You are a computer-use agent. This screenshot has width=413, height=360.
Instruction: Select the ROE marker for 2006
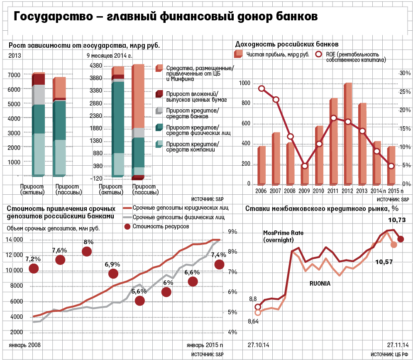(261, 88)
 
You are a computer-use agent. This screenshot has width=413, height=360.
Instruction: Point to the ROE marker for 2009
(305, 166)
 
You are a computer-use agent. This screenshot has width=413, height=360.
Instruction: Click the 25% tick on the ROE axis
(403, 92)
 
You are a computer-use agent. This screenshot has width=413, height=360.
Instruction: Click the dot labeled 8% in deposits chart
(87, 252)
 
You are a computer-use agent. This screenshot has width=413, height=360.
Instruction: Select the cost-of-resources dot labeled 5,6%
(139, 301)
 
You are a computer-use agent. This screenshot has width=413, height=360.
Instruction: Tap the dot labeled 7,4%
(219, 264)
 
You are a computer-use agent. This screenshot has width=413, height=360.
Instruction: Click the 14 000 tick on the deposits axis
(15, 240)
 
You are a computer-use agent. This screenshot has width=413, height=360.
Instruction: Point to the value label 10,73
(397, 220)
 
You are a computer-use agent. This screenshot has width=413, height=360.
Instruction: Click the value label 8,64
(252, 321)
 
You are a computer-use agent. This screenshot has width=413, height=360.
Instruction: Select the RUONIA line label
(320, 284)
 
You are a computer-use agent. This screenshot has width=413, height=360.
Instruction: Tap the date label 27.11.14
(398, 345)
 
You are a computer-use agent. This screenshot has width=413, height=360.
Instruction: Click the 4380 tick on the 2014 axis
(96, 66)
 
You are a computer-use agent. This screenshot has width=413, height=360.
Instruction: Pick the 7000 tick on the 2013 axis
(14, 75)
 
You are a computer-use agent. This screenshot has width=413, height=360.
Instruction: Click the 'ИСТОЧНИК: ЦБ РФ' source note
(389, 354)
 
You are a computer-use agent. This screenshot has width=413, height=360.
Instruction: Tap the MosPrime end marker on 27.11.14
(401, 239)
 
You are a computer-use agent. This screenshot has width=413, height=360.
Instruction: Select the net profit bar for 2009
(305, 175)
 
